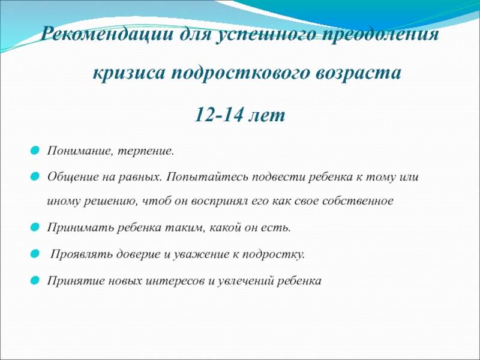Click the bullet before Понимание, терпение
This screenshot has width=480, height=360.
point(35,151)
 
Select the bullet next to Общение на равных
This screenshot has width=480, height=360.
point(35,176)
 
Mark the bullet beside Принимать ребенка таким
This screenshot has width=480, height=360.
point(35,227)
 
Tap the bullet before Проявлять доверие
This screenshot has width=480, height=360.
point(35,254)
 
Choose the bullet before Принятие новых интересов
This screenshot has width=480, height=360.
point(35,280)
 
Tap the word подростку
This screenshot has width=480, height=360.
point(274,254)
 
